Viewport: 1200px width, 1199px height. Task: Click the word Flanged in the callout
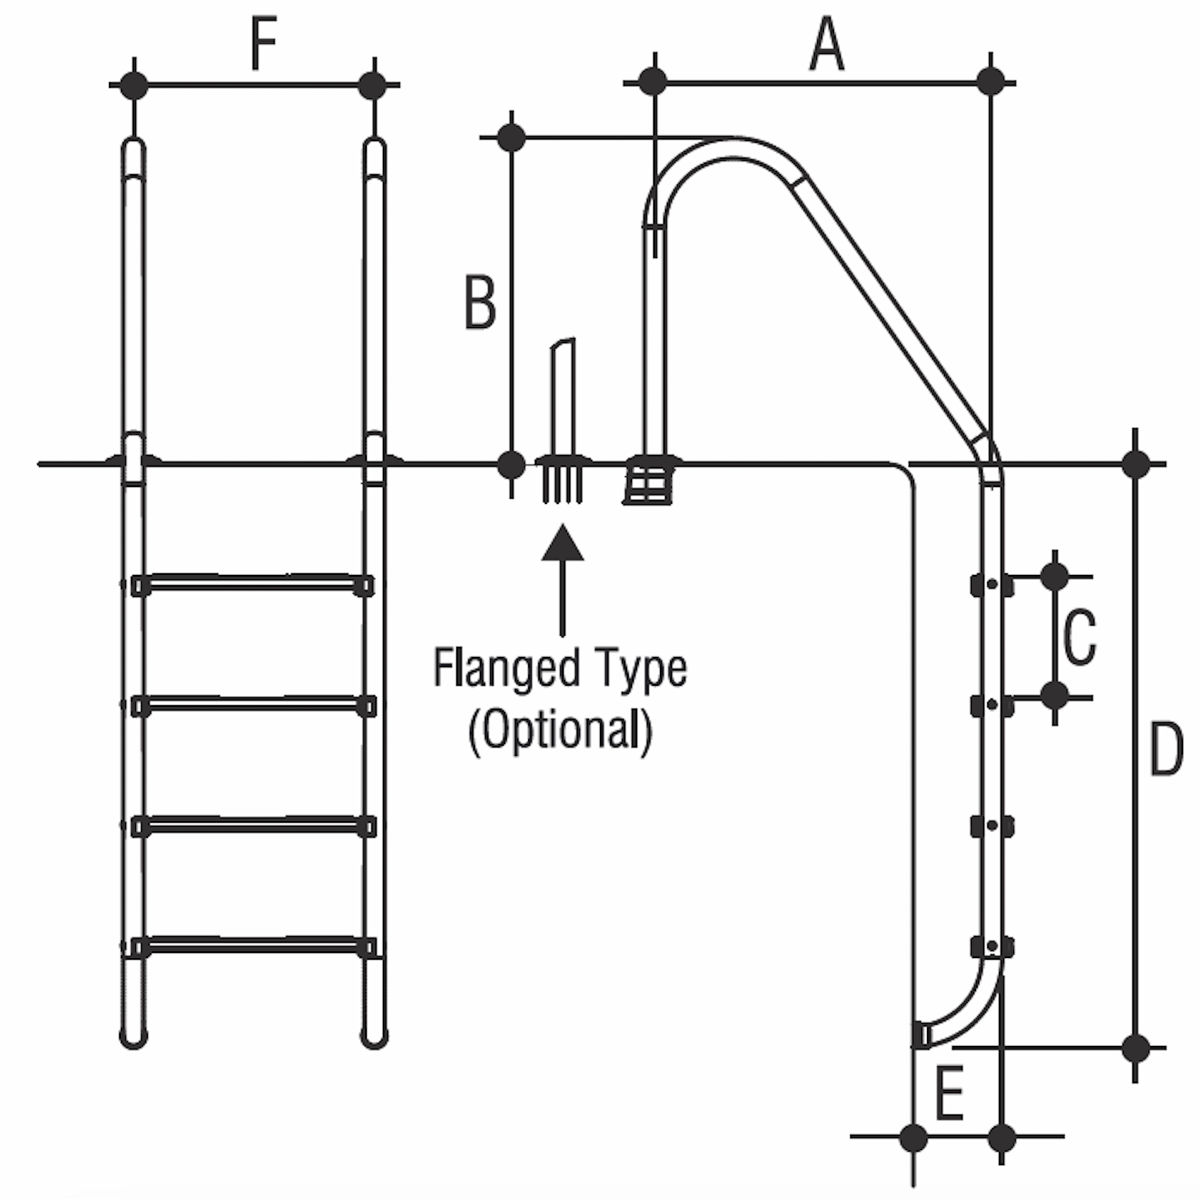[504, 669]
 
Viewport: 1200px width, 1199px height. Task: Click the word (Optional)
[561, 729]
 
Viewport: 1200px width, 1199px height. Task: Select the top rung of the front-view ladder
[253, 583]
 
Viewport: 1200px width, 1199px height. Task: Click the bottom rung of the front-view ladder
[253, 945]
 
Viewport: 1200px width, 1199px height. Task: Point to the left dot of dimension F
[134, 85]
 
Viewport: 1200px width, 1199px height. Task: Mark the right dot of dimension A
[991, 82]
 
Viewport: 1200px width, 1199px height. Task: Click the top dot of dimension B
[511, 137]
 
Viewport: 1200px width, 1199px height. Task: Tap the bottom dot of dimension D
[1137, 1048]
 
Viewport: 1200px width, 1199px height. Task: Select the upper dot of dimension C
[1055, 576]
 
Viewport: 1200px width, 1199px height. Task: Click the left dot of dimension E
[914, 1137]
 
